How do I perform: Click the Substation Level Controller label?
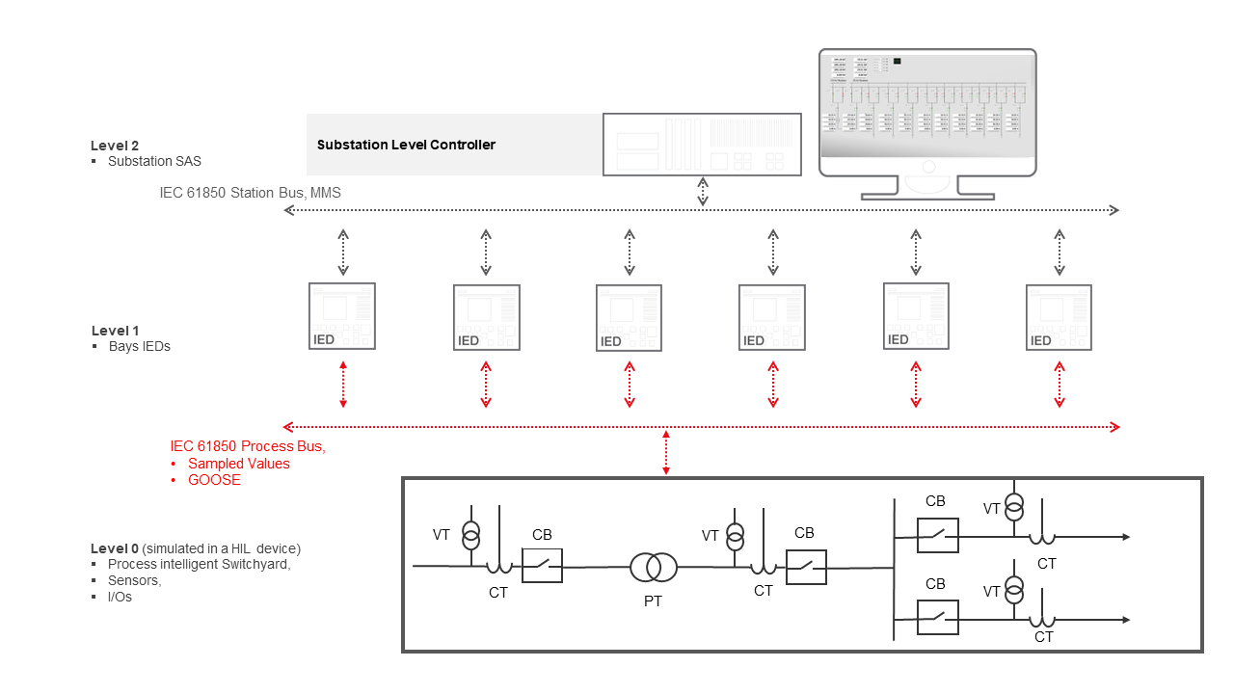[406, 145]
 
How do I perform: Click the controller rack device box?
[702, 145]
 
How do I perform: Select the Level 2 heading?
[115, 146]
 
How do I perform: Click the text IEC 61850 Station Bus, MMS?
[250, 193]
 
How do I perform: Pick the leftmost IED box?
[342, 316]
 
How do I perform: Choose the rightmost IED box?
[1059, 317]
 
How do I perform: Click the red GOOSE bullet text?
[214, 480]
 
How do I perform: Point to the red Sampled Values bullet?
[238, 464]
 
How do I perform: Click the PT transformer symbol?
[654, 568]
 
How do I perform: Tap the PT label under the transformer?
[654, 601]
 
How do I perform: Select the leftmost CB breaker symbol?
[542, 566]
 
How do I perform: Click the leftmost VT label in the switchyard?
[441, 535]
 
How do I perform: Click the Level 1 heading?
[115, 331]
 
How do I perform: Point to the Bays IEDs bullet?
[139, 346]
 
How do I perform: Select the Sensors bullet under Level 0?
[134, 580]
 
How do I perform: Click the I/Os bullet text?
[120, 597]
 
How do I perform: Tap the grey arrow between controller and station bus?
[703, 192]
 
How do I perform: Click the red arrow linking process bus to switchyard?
[665, 452]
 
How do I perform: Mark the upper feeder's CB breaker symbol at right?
[937, 535]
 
